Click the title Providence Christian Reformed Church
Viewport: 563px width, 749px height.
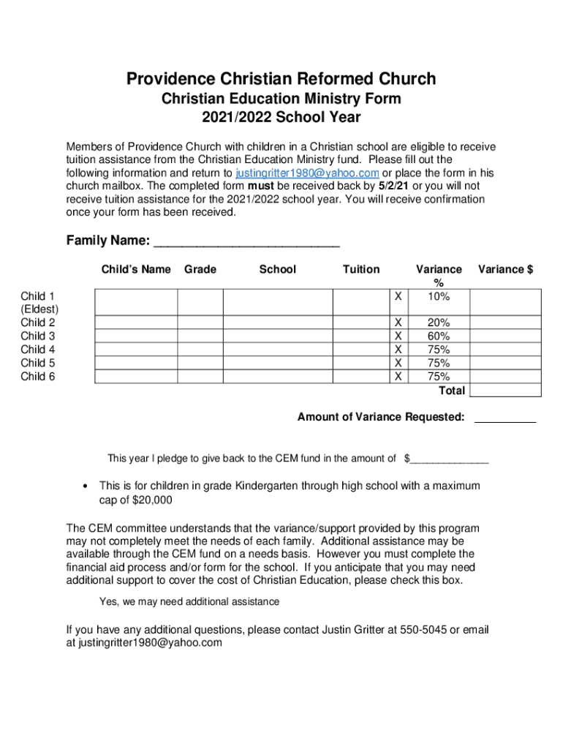(281, 78)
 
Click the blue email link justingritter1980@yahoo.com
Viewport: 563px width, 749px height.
(306, 173)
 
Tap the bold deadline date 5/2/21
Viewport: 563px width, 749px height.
(392, 186)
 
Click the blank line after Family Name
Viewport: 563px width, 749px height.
(248, 242)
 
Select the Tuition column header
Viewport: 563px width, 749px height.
(361, 269)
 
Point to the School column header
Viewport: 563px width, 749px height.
(277, 269)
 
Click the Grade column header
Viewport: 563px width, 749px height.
(200, 269)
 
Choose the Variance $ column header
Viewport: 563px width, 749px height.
(505, 269)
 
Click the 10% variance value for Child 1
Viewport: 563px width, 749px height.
(439, 296)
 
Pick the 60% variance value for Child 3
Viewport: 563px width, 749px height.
(439, 336)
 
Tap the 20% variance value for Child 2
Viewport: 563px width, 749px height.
(439, 323)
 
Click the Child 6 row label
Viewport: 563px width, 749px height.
(37, 377)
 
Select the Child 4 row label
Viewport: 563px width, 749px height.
(37, 350)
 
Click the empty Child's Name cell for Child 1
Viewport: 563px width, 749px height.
(135, 302)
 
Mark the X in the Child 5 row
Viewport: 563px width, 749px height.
(398, 363)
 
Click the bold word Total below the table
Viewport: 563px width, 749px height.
(451, 391)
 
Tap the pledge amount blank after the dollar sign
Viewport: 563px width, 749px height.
(449, 460)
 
